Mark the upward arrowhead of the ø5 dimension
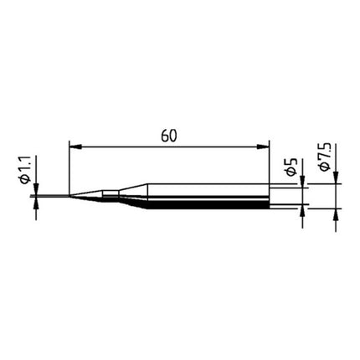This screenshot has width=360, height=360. (301, 212)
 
